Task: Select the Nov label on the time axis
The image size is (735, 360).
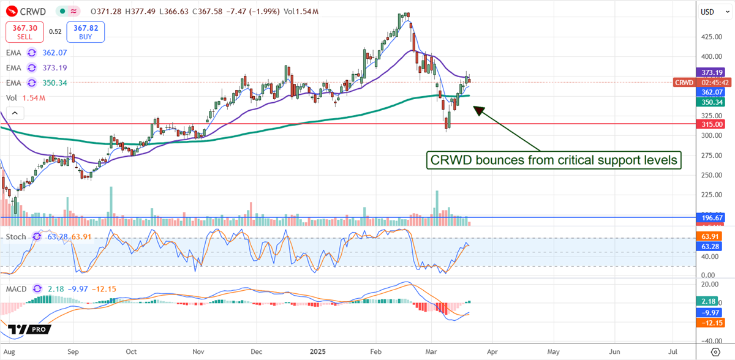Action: (198, 352)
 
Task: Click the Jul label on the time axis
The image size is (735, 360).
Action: (673, 352)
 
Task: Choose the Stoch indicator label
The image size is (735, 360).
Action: (16, 236)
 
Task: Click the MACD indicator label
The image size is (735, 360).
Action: (18, 289)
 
